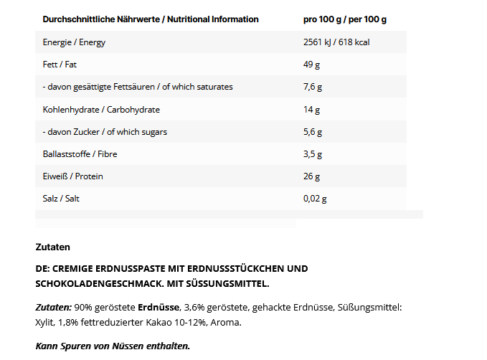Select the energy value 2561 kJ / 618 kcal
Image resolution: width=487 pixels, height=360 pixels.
coord(337,42)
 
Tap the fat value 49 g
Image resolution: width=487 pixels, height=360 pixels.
coord(311,65)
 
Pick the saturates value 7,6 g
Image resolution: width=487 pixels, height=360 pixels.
coord(313,87)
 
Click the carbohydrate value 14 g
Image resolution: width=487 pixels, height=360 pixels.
coord(311,110)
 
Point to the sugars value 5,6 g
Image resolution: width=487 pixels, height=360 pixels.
coord(313,132)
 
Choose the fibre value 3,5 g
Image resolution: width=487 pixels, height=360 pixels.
coord(313,154)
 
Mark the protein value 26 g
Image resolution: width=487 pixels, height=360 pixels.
coord(312,176)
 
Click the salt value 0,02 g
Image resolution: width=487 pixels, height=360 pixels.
coord(316,199)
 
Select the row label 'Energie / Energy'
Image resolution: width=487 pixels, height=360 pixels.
coord(74,42)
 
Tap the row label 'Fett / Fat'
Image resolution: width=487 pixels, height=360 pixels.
coord(60,65)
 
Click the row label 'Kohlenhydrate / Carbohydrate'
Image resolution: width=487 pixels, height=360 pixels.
coord(101,110)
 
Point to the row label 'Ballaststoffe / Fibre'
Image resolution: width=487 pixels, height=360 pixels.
coord(80,154)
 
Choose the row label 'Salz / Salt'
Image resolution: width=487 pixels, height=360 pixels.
coord(61,199)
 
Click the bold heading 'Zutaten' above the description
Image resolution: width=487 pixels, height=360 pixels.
coord(52,247)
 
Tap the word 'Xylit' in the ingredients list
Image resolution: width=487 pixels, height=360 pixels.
coord(46,322)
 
